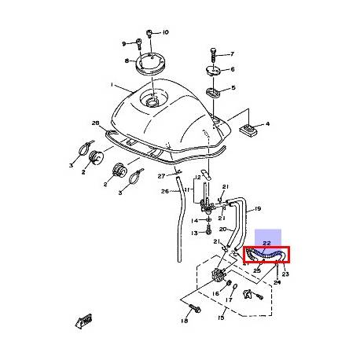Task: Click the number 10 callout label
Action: click(166, 33)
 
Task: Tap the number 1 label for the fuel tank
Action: click(112, 85)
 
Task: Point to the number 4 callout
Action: click(266, 124)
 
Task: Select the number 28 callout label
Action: click(96, 124)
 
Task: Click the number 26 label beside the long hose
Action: click(165, 190)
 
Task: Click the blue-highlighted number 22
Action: click(266, 244)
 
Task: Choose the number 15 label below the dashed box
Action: click(220, 318)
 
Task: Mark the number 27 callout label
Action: click(161, 176)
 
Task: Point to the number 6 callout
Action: click(231, 70)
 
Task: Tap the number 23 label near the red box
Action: click(285, 274)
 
